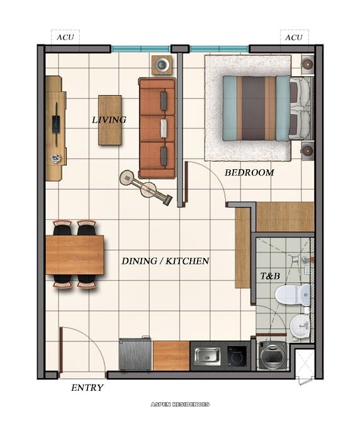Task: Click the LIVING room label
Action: (x=109, y=120)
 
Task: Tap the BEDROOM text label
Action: (x=249, y=172)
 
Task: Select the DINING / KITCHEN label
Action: (x=165, y=261)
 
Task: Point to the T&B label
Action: (x=271, y=275)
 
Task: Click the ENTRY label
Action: (x=87, y=388)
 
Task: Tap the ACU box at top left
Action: (x=65, y=37)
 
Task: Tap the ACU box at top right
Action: (x=293, y=37)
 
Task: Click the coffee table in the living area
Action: (x=110, y=120)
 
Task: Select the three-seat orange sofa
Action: (x=157, y=128)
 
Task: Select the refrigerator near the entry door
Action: (x=135, y=356)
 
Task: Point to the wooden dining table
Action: (x=74, y=255)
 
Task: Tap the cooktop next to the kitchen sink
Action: (x=237, y=356)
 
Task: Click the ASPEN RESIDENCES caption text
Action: (x=180, y=404)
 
